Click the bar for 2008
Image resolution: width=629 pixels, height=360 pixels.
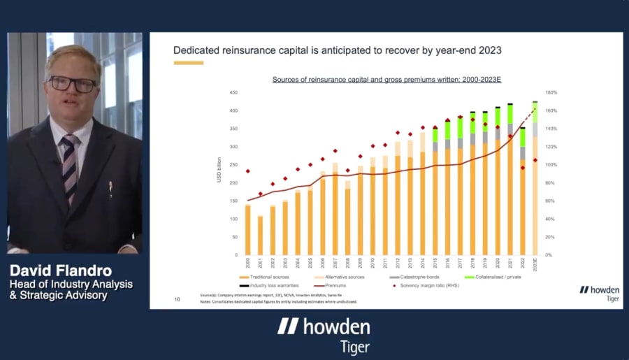(x=347, y=218)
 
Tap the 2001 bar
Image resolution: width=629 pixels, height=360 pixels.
(x=260, y=235)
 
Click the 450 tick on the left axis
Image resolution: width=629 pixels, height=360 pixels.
(x=235, y=92)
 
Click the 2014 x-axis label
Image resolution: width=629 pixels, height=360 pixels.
(x=423, y=263)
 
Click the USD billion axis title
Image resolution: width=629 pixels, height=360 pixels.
(x=219, y=171)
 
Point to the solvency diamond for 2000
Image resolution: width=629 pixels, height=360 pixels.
(x=247, y=171)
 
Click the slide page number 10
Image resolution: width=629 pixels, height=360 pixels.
(x=177, y=299)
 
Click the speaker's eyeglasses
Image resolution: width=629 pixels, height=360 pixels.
(x=73, y=84)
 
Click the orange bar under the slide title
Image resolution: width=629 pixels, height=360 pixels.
(x=188, y=63)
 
